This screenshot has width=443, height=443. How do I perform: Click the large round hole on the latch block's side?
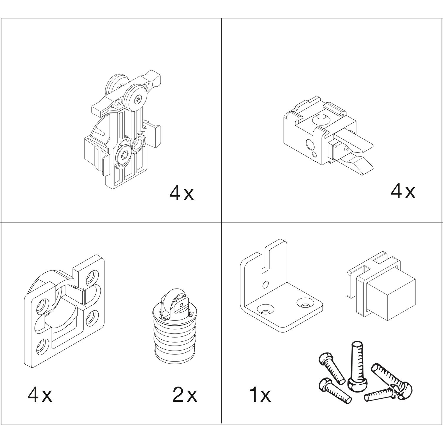point(309,145)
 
